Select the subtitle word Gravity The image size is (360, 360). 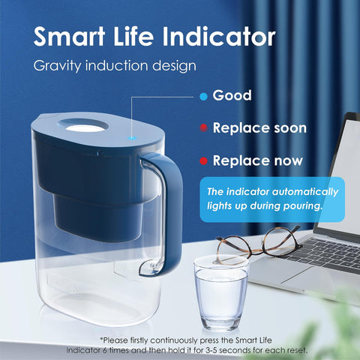60,65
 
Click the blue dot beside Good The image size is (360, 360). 202,96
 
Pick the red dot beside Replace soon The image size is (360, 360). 202,128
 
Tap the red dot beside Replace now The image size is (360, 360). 202,160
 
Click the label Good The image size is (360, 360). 232,96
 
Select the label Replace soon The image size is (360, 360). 259,128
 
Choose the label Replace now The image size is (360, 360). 258,160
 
